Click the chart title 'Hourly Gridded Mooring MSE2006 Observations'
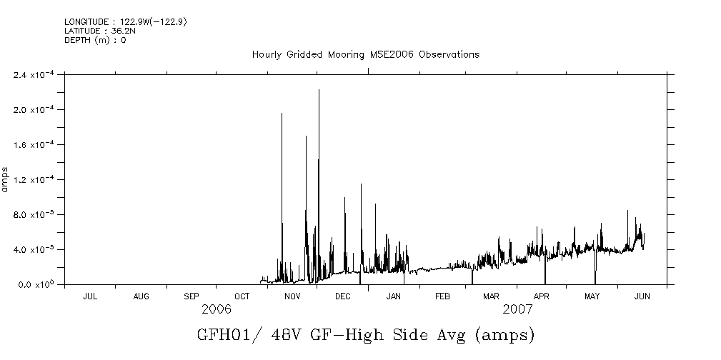click(365, 55)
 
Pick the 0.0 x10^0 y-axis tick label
click(35, 285)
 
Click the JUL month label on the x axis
click(91, 296)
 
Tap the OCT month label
click(242, 296)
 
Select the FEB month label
click(442, 296)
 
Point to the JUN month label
click(642, 296)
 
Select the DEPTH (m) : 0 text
click(95, 40)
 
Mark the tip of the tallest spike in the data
click(319, 90)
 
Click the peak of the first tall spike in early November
click(282, 114)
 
